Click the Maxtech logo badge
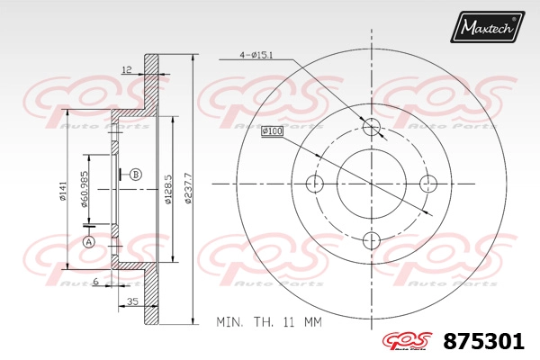(x=487, y=27)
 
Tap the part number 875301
(x=483, y=342)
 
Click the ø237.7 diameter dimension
(x=188, y=188)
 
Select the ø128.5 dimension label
(x=167, y=189)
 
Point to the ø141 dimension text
(x=62, y=191)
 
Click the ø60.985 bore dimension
(x=85, y=189)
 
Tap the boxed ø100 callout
(x=272, y=131)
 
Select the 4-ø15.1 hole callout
(x=256, y=55)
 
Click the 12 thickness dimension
(x=127, y=70)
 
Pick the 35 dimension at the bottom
(x=132, y=301)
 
